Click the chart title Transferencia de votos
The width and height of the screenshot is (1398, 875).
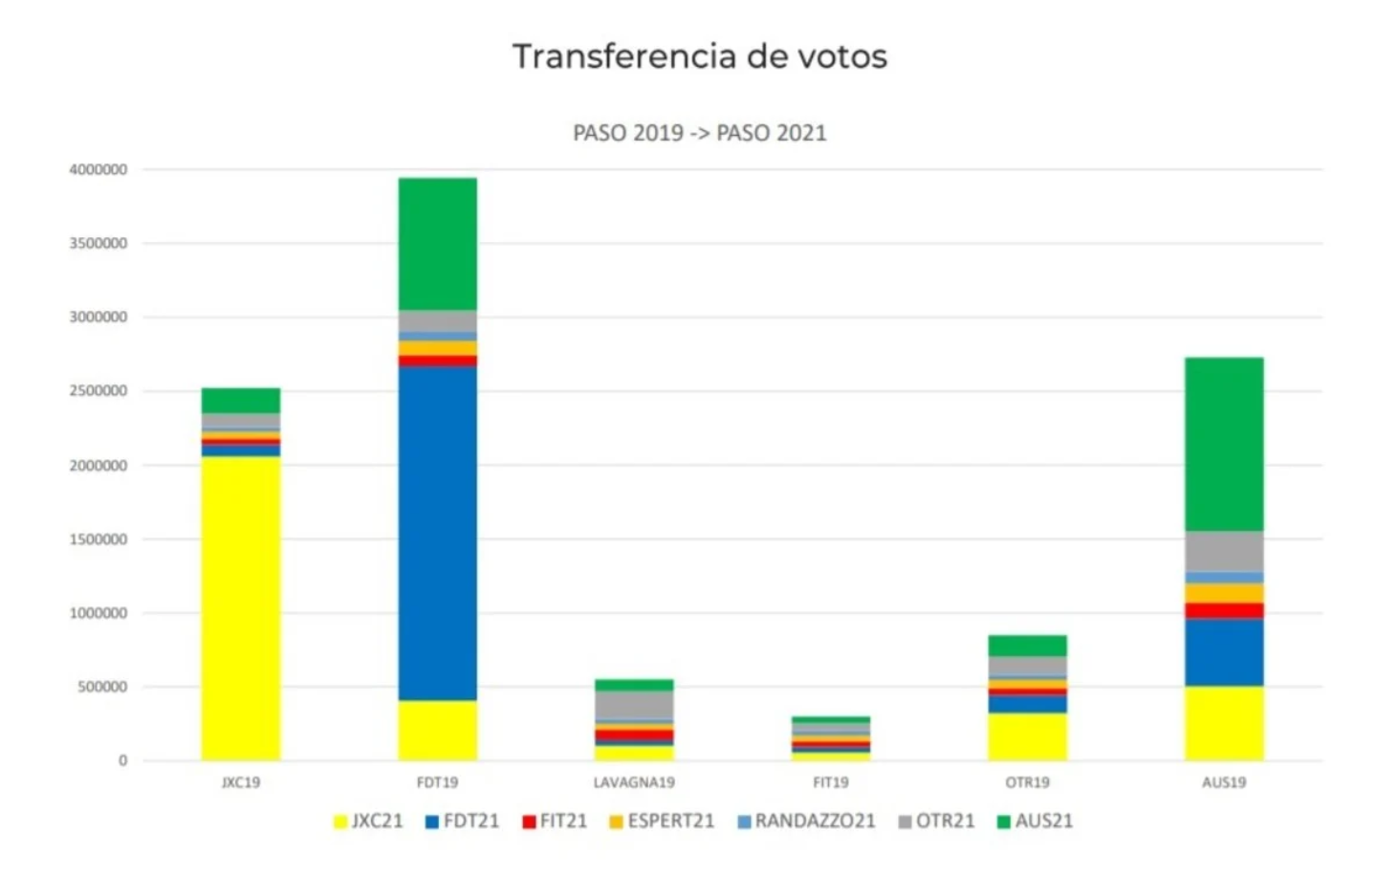coord(699,56)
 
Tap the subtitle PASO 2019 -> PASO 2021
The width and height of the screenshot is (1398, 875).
coord(699,133)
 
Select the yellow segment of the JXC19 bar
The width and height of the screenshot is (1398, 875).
coord(241,607)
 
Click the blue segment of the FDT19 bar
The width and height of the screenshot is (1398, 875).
coord(438,533)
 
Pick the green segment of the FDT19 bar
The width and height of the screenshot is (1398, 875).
coord(438,244)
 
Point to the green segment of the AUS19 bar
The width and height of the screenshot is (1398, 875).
coord(1224,444)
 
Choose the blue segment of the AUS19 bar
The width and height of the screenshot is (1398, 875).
coord(1224,652)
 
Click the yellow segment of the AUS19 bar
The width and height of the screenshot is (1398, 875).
coord(1224,723)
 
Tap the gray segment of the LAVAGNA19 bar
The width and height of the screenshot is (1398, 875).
coord(634,705)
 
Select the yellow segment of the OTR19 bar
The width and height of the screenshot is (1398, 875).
coord(1028,736)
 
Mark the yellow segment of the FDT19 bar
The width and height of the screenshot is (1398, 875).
coord(438,731)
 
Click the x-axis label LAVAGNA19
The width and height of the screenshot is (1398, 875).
coord(634,782)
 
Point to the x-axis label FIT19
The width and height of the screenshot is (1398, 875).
coord(831,782)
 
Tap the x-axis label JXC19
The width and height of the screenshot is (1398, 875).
coord(241,782)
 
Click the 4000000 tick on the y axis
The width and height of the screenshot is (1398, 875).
coord(98,169)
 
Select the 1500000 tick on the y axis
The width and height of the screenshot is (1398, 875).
coord(98,539)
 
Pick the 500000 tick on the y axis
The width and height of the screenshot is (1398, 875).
coord(101,687)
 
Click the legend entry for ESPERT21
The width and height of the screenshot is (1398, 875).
coord(662,821)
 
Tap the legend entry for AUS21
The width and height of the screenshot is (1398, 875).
coord(1035,821)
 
